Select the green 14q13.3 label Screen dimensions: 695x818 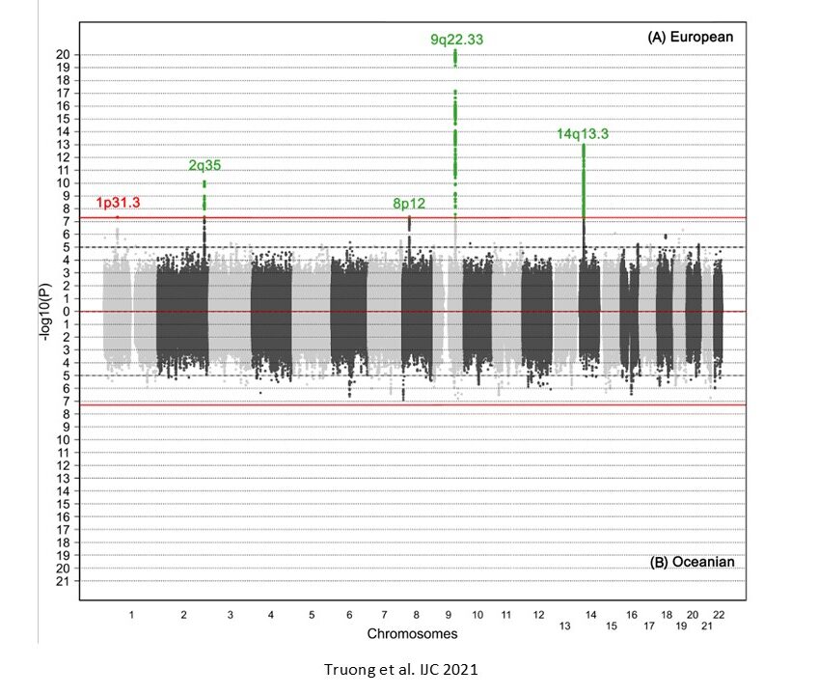coord(583,134)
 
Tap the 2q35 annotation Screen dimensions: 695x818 coord(204,165)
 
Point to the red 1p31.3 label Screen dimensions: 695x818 coord(118,203)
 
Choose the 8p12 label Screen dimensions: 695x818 coord(409,204)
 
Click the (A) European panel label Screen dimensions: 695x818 coord(691,38)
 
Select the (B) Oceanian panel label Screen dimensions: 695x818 coord(691,561)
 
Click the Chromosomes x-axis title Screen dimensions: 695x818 coord(412,634)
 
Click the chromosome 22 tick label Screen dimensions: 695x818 coord(719,615)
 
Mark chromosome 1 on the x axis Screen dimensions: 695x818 coord(131,615)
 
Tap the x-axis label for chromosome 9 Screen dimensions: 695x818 coord(449,615)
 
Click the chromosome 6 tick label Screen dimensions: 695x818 coord(349,615)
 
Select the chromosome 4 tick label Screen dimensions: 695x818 coord(270,615)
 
